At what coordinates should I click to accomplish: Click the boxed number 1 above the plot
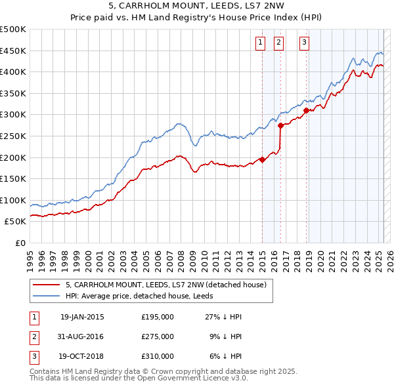[x=260, y=43]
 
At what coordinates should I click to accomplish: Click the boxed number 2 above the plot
[x=278, y=43]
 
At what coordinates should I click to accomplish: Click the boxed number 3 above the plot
[x=304, y=43]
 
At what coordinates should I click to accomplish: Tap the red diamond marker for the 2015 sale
[x=262, y=159]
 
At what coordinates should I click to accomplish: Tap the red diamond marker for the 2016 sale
[x=281, y=125]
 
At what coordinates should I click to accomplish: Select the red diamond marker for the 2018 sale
[x=306, y=110]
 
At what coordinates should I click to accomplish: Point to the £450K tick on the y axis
[x=14, y=51]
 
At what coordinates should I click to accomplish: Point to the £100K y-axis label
[x=14, y=200]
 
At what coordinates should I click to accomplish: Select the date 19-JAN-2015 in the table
[x=82, y=317]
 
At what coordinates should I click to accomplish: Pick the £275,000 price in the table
[x=158, y=336]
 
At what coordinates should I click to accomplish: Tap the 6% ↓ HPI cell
[x=228, y=356]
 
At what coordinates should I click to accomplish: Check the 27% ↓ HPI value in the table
[x=226, y=317]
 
